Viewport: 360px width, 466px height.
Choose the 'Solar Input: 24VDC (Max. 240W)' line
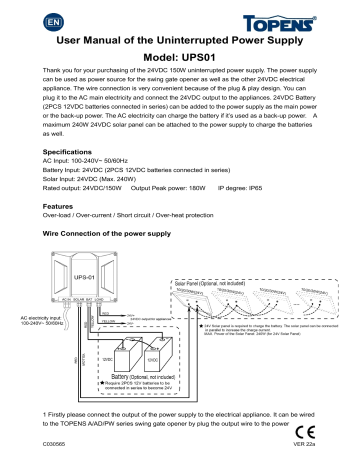(x=87, y=178)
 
